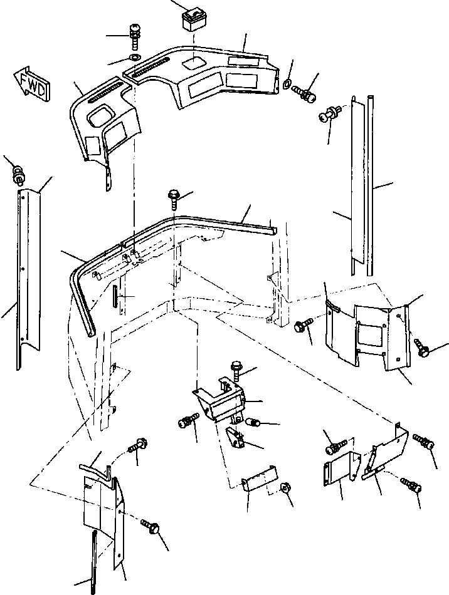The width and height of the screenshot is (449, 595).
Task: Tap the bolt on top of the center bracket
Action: click(237, 368)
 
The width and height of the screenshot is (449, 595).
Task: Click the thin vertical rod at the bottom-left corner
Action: click(94, 559)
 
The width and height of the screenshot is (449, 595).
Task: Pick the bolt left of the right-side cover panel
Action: click(302, 326)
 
